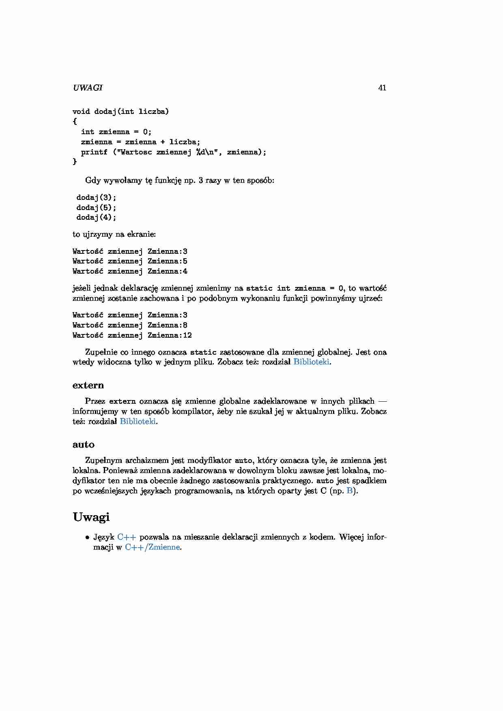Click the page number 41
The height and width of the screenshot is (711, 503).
(x=382, y=88)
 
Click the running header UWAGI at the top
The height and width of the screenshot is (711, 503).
(x=88, y=88)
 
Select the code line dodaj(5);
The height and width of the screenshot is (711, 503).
(x=96, y=208)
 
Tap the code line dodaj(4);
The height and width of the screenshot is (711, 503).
(x=96, y=217)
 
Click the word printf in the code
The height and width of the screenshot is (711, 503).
(x=94, y=152)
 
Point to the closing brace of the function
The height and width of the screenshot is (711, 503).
(x=75, y=162)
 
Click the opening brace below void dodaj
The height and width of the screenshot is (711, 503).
(x=75, y=121)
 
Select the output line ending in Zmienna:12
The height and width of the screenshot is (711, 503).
(x=132, y=335)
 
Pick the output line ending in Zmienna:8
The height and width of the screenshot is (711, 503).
(x=130, y=325)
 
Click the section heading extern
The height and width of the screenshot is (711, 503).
(x=88, y=385)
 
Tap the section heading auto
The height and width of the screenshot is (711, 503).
(x=84, y=444)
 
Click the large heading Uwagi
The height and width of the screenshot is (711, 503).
(x=91, y=517)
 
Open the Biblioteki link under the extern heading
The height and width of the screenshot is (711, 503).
(x=138, y=421)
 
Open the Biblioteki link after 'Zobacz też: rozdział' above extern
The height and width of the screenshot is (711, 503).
(x=311, y=362)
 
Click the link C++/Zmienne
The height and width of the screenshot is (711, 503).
(x=152, y=547)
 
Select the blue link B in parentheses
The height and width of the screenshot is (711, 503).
(x=350, y=491)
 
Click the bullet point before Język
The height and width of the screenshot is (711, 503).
(x=87, y=538)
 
